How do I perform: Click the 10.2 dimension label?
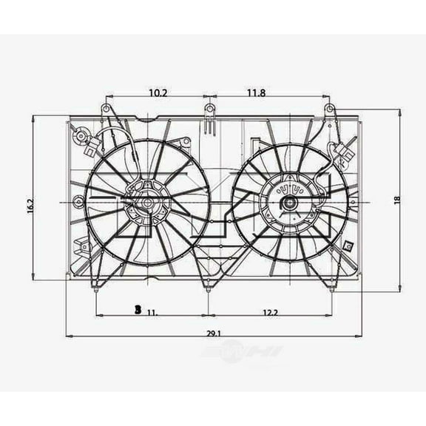point(157,92)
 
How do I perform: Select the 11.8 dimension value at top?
point(256,92)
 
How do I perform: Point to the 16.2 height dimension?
point(30,205)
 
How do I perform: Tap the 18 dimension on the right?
point(397,200)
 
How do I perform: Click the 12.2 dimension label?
point(270,313)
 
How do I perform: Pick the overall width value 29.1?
point(214,334)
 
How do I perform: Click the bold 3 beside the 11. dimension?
point(138,311)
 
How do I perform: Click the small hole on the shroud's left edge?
point(78,199)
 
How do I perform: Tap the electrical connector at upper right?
point(344,156)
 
